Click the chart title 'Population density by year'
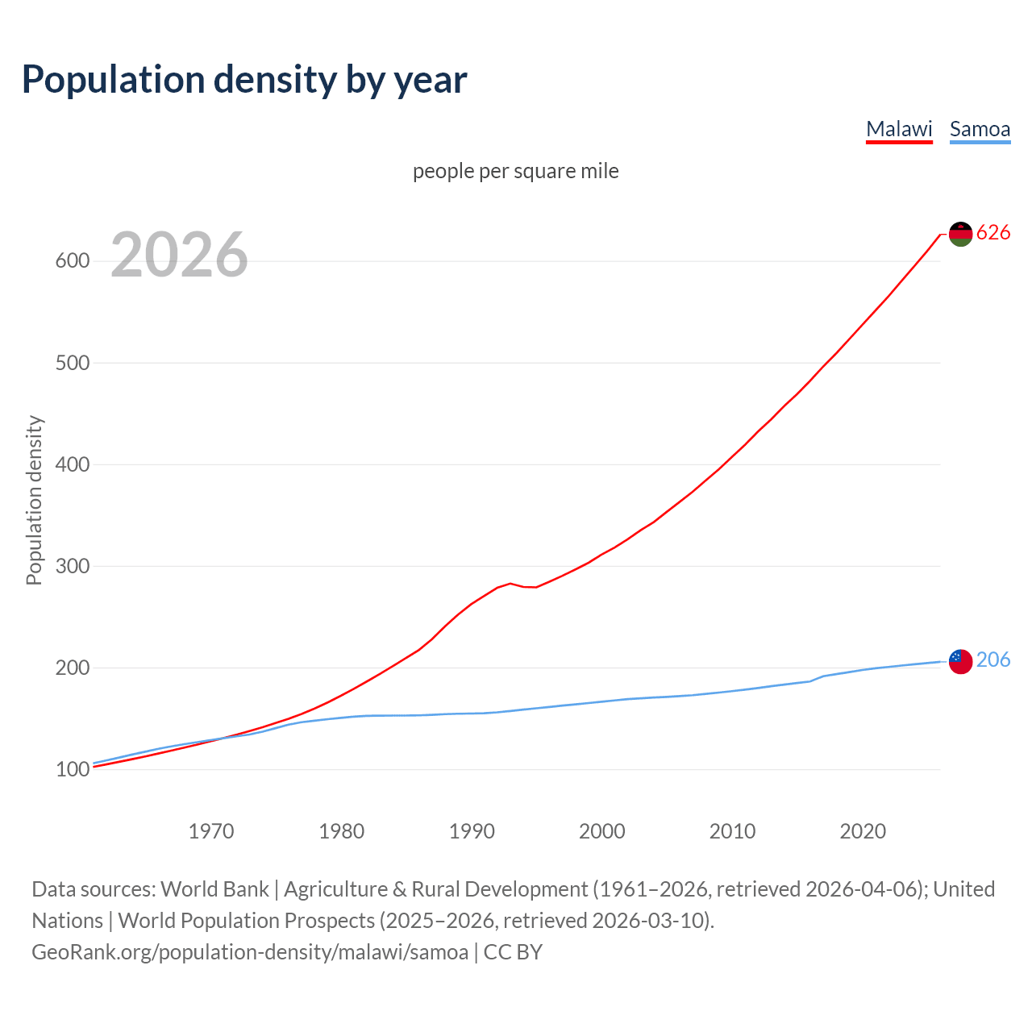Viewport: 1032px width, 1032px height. [x=244, y=79]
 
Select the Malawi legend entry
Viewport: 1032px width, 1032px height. [x=899, y=129]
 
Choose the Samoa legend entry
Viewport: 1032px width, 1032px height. [x=980, y=129]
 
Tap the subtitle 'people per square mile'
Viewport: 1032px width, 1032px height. [x=516, y=171]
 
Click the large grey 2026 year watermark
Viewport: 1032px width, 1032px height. [x=179, y=255]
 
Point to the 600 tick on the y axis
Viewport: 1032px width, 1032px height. [x=72, y=261]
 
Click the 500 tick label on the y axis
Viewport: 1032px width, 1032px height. [x=72, y=363]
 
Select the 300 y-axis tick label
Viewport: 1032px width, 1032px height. [x=72, y=566]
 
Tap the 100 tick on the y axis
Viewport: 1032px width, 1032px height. [x=72, y=770]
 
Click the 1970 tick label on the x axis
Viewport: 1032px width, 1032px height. [x=211, y=830]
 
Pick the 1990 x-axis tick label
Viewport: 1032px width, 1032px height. [x=472, y=830]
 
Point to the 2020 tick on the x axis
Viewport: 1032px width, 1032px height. [x=863, y=830]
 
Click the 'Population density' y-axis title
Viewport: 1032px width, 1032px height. [x=34, y=500]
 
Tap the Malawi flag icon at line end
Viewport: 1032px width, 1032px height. [x=960, y=234]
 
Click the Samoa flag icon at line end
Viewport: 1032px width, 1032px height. [x=960, y=661]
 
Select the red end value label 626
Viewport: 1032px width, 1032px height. [x=993, y=232]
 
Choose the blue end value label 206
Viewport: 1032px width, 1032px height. [x=993, y=660]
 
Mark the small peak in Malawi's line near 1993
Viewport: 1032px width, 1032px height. [x=510, y=583]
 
